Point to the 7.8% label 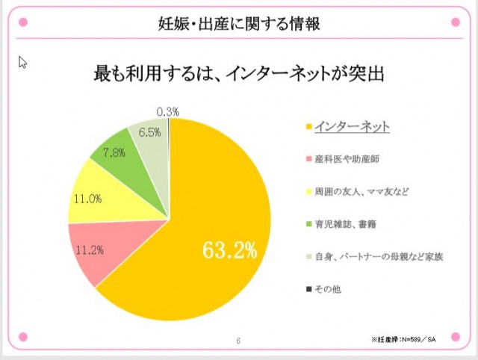[113, 152]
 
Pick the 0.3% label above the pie [167, 111]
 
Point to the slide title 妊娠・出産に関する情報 [240, 23]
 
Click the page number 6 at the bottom [238, 341]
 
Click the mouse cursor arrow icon [22, 61]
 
